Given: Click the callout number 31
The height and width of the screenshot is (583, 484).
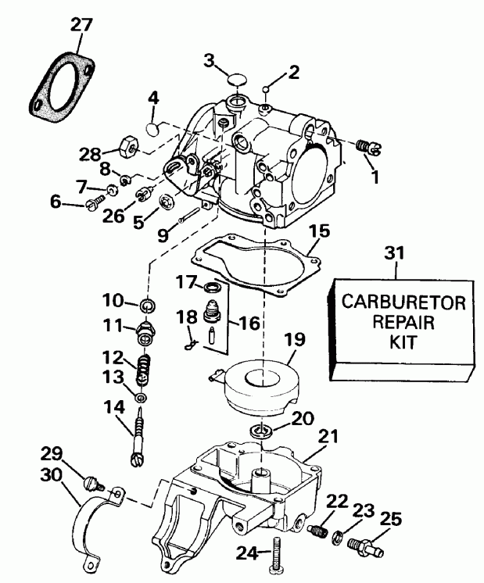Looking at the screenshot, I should pyautogui.click(x=396, y=253).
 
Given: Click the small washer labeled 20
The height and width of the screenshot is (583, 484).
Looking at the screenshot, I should pyautogui.click(x=260, y=431).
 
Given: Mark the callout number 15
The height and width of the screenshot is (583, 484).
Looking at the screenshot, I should pyautogui.click(x=318, y=232).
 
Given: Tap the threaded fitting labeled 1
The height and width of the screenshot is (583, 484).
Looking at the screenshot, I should pyautogui.click(x=366, y=146).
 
